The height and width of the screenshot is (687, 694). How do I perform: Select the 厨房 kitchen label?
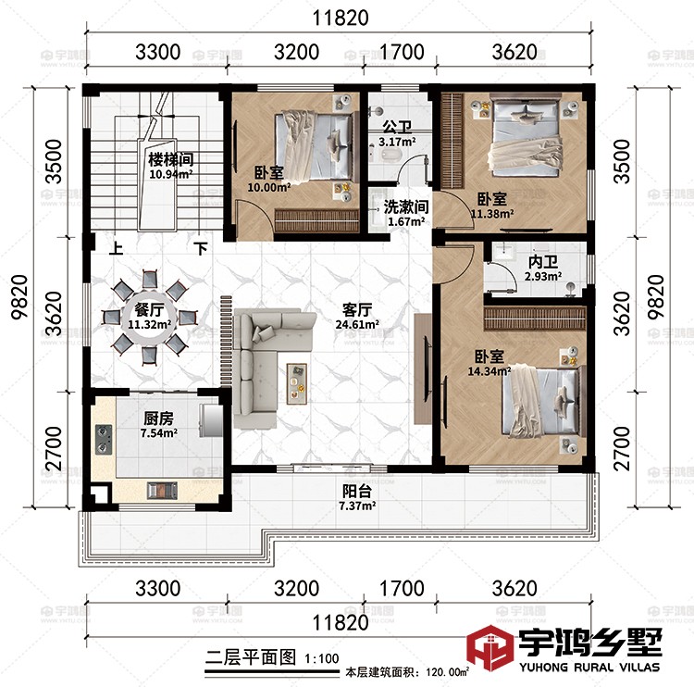pyautogui.click(x=158, y=417)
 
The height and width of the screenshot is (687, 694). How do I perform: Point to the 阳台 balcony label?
pyautogui.click(x=356, y=493)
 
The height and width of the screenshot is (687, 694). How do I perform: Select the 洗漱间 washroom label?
pyautogui.click(x=405, y=207)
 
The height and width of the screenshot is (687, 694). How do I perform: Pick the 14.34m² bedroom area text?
pyautogui.click(x=490, y=373)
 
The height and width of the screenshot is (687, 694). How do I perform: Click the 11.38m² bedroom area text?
pyautogui.click(x=491, y=215)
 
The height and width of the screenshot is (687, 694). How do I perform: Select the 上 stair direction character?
pyautogui.click(x=117, y=249)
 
